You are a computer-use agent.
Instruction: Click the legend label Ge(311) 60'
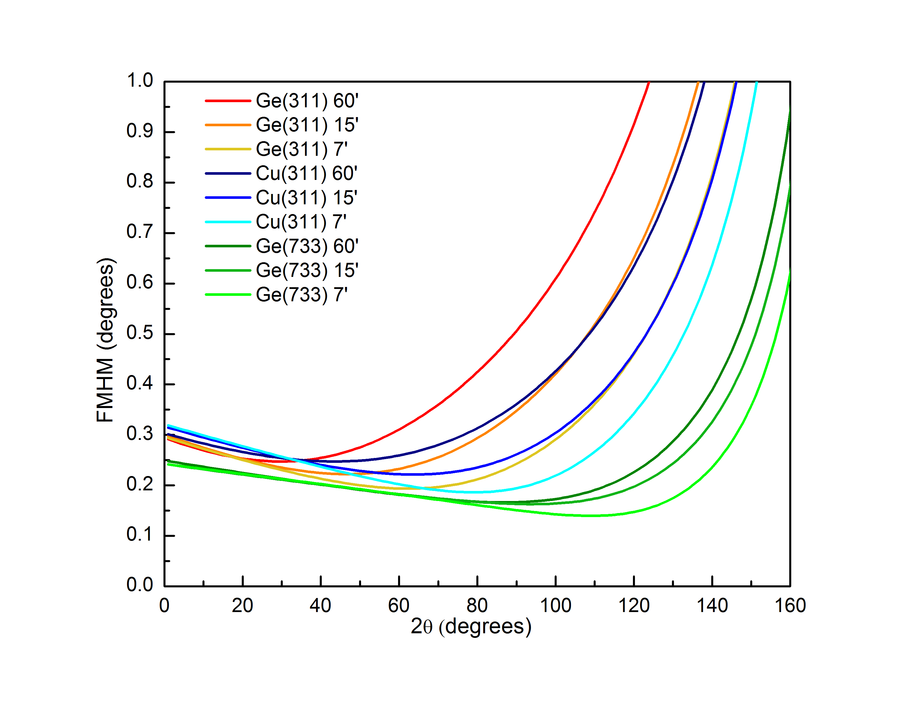click(307, 101)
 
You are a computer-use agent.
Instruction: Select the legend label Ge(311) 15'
click(307, 125)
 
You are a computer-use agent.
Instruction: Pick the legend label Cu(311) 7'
click(301, 222)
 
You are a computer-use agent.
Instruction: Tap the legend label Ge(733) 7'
click(301, 295)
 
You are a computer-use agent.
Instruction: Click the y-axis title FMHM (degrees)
click(105, 340)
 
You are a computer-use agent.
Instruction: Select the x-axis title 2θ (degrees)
click(471, 626)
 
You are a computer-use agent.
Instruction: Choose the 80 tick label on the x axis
click(477, 605)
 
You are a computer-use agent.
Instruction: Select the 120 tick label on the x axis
click(634, 605)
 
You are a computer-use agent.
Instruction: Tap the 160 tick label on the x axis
click(790, 605)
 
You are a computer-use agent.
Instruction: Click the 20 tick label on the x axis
click(243, 605)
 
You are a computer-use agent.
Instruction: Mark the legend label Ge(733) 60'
click(307, 246)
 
